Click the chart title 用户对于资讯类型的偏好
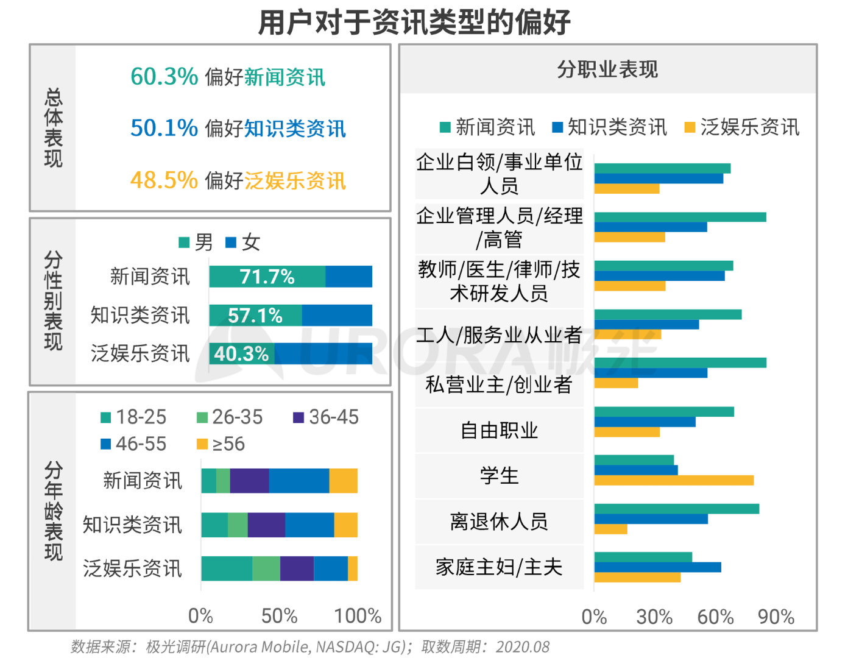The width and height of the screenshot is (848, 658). click(414, 22)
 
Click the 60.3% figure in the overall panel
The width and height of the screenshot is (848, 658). click(164, 77)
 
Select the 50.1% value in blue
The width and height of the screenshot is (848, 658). click(164, 128)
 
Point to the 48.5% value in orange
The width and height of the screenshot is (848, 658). click(164, 180)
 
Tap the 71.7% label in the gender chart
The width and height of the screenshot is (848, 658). click(267, 277)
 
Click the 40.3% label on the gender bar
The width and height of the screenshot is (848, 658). click(241, 353)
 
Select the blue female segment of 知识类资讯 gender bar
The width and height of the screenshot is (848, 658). click(337, 316)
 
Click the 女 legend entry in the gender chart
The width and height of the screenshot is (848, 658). click(244, 242)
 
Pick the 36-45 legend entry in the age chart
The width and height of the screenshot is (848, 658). click(326, 417)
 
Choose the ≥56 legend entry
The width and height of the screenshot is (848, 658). click(221, 444)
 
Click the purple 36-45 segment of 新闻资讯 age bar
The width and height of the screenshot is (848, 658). click(249, 481)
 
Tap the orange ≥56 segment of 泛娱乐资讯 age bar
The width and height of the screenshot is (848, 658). click(353, 568)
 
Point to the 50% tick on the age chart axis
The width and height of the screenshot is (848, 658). click(279, 616)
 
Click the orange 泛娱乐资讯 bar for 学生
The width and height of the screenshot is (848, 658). click(674, 480)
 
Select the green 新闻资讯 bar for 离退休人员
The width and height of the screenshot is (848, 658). click(676, 509)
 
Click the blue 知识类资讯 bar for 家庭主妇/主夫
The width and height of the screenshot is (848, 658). click(657, 567)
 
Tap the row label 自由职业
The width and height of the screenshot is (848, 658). click(499, 430)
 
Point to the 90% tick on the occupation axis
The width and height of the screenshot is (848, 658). click(776, 617)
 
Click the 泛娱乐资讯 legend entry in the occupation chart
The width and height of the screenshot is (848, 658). click(742, 127)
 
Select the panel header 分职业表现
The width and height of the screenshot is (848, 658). click(607, 69)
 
